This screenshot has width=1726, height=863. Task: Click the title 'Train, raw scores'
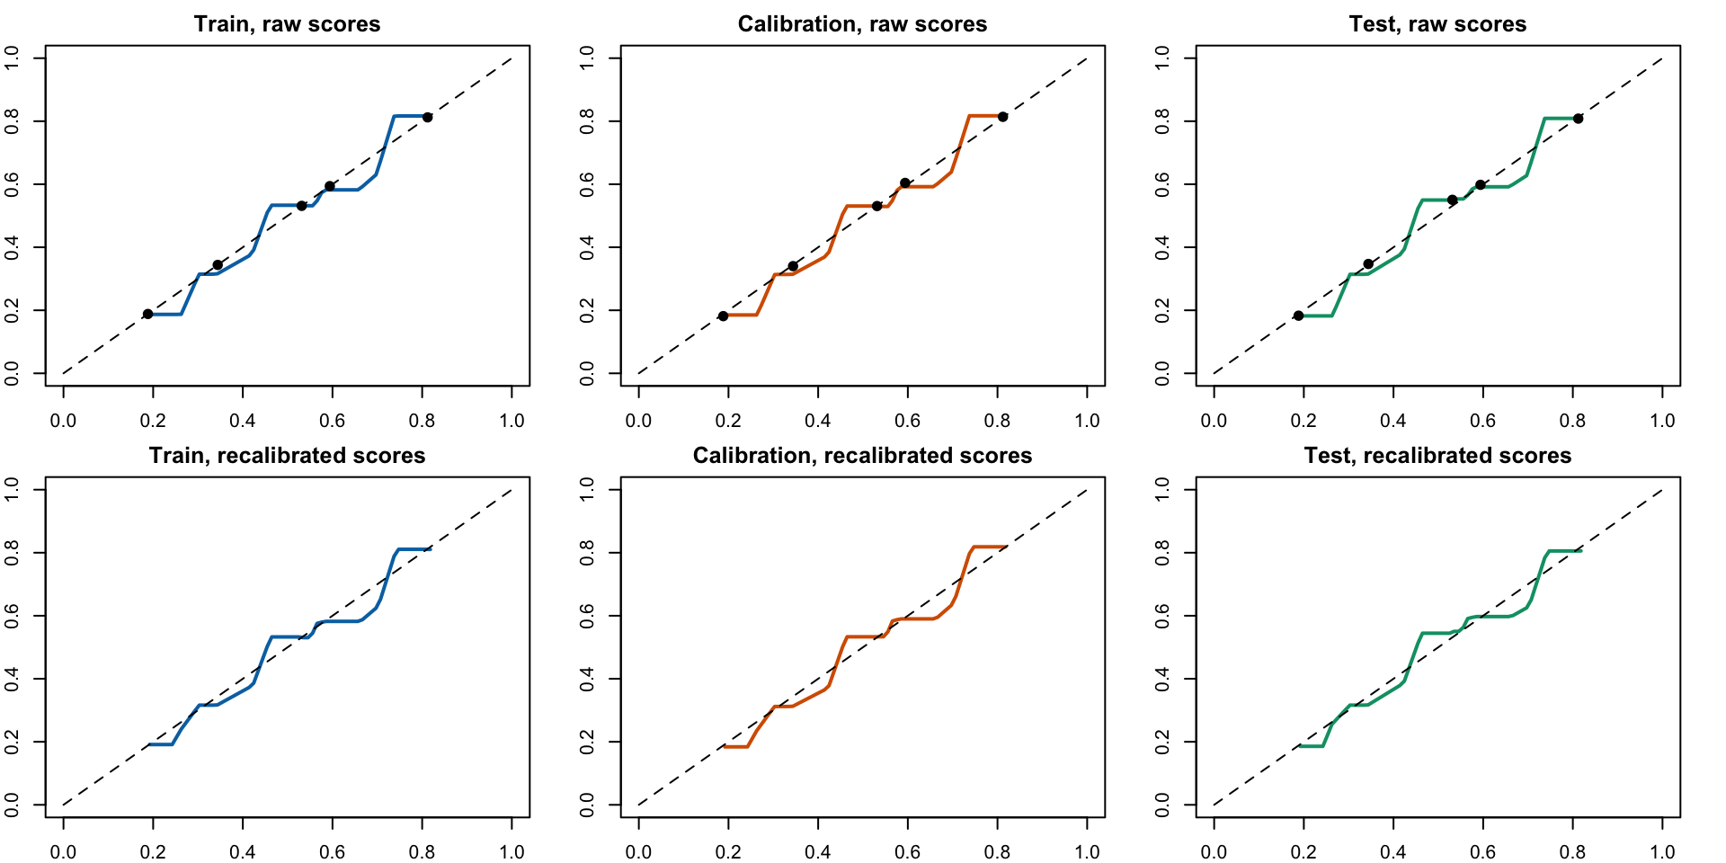(x=287, y=24)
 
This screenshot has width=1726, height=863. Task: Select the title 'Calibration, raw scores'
(x=862, y=24)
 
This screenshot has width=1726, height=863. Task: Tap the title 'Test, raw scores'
(x=1437, y=24)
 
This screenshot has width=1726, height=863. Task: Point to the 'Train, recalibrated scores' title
(x=287, y=456)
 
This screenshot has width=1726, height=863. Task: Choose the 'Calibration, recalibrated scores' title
(x=862, y=456)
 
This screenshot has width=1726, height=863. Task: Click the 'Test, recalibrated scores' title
(x=1437, y=456)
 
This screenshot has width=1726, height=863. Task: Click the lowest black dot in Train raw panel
(x=147, y=314)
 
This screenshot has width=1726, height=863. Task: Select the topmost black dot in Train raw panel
(x=427, y=118)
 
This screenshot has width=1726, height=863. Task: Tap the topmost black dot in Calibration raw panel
(x=1002, y=117)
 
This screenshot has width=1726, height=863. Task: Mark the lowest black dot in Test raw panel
(x=1298, y=316)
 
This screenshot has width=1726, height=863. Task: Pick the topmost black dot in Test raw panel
(x=1578, y=119)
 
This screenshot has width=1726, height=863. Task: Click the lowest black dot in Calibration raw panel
(x=723, y=316)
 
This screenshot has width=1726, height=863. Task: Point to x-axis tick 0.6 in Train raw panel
(x=332, y=420)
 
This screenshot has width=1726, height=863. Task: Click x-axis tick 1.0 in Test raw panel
(x=1662, y=420)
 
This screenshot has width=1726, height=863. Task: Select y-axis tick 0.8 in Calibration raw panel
(x=587, y=121)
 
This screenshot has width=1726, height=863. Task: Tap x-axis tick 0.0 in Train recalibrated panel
(x=63, y=851)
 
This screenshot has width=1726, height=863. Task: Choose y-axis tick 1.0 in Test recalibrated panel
(x=1162, y=490)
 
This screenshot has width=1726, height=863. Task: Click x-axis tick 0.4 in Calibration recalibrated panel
(x=817, y=851)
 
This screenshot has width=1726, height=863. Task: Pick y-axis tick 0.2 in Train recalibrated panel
(x=12, y=742)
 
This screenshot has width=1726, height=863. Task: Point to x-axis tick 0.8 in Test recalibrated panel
(x=1572, y=851)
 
